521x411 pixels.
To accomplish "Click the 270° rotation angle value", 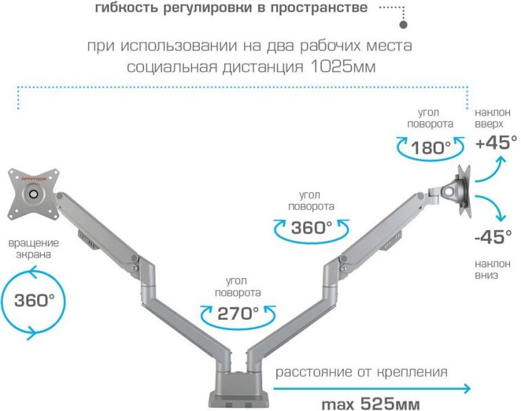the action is tap(238, 313).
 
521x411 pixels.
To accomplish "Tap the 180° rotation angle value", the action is tap(431, 147).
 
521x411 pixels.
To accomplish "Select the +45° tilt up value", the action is tap(496, 142).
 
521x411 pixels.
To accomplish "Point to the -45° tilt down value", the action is tap(493, 236).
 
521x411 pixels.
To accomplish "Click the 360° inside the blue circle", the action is tap(34, 300).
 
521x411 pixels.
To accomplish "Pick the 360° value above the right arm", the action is tap(312, 227).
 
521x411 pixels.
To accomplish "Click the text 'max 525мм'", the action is tap(371, 404).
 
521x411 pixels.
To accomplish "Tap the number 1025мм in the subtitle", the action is tap(343, 67).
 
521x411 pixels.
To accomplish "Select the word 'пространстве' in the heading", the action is tap(319, 8).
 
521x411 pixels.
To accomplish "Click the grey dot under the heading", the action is tap(403, 25).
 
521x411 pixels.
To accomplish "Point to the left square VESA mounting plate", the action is tap(34, 194).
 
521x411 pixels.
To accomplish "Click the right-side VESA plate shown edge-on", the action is tap(465, 191).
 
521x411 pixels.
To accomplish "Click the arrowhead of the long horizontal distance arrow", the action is tap(467, 388).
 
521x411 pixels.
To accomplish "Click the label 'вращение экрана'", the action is tap(34, 249).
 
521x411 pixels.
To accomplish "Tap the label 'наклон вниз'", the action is tap(492, 269).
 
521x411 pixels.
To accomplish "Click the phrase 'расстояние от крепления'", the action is tap(362, 372).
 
